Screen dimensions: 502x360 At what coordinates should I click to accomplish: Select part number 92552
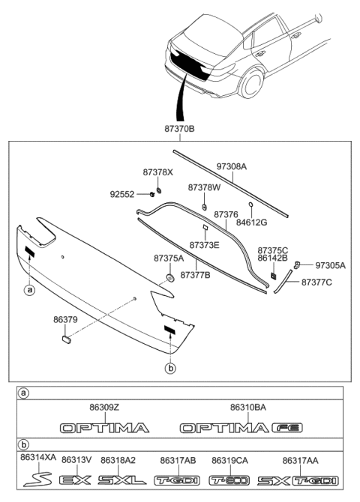coord(123,194)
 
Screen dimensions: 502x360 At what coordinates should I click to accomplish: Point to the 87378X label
coord(158,172)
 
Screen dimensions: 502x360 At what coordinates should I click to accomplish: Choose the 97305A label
coord(330,265)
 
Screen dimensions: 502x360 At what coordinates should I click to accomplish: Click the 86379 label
coord(65,318)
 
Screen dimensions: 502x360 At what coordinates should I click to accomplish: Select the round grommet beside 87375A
coord(169,278)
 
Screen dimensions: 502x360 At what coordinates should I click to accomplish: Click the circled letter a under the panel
coord(29,289)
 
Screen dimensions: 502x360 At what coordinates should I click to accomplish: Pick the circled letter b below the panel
coord(170,367)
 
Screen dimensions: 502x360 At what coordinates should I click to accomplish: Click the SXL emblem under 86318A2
coord(120,480)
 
